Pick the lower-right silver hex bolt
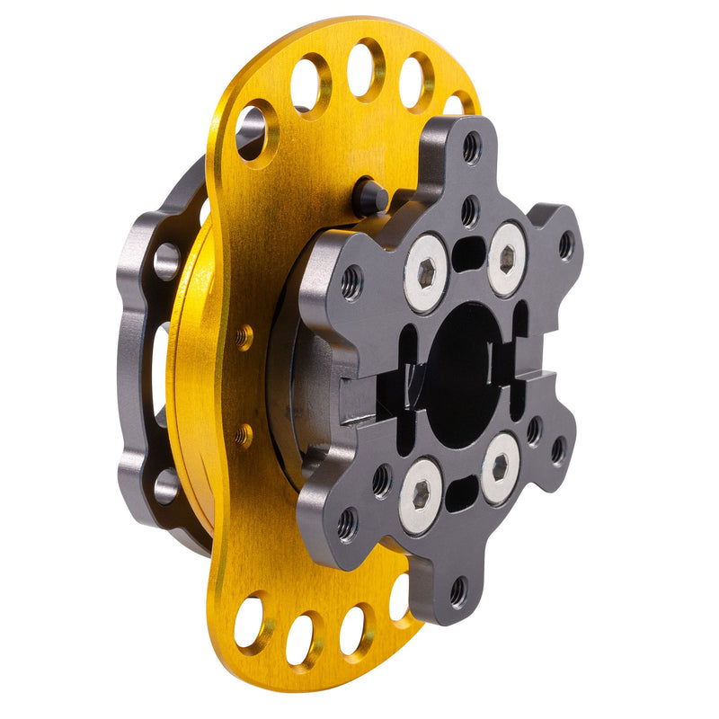click(x=500, y=468)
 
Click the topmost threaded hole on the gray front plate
click(x=472, y=146)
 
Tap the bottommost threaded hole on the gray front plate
click(x=458, y=592)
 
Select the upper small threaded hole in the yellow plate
click(x=244, y=337)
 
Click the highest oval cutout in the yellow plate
click(x=365, y=68)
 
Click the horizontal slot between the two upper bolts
click(x=468, y=255)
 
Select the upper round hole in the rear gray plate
click(x=167, y=262)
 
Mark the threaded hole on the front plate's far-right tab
click(x=565, y=244)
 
